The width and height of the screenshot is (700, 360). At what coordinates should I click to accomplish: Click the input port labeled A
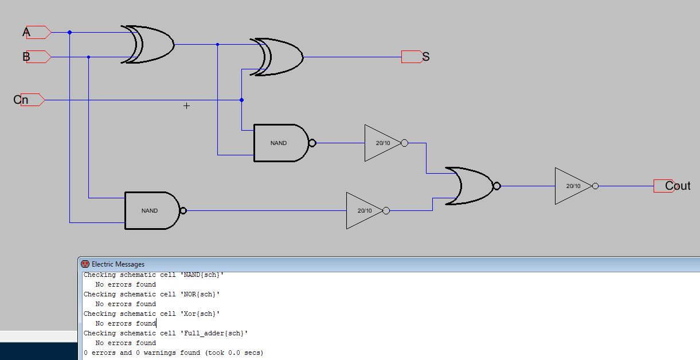(39, 32)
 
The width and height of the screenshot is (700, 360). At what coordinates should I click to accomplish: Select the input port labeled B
(39, 57)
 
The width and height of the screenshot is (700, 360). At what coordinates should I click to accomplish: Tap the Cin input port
(33, 100)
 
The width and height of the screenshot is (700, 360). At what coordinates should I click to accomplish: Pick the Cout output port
(664, 186)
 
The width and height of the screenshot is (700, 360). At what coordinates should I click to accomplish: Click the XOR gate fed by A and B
(147, 44)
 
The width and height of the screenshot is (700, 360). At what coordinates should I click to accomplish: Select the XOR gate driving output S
(276, 57)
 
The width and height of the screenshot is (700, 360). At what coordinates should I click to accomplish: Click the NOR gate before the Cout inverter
(472, 186)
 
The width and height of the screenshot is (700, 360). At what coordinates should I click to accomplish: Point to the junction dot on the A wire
(70, 32)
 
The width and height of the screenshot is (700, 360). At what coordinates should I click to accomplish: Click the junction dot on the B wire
(89, 57)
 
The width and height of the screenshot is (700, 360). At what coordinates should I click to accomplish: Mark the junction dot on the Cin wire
(241, 100)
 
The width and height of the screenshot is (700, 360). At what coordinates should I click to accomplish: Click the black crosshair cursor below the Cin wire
(186, 106)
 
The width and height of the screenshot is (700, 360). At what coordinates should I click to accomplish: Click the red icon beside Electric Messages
(85, 264)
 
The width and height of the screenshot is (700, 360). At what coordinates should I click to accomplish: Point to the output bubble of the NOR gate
(497, 186)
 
